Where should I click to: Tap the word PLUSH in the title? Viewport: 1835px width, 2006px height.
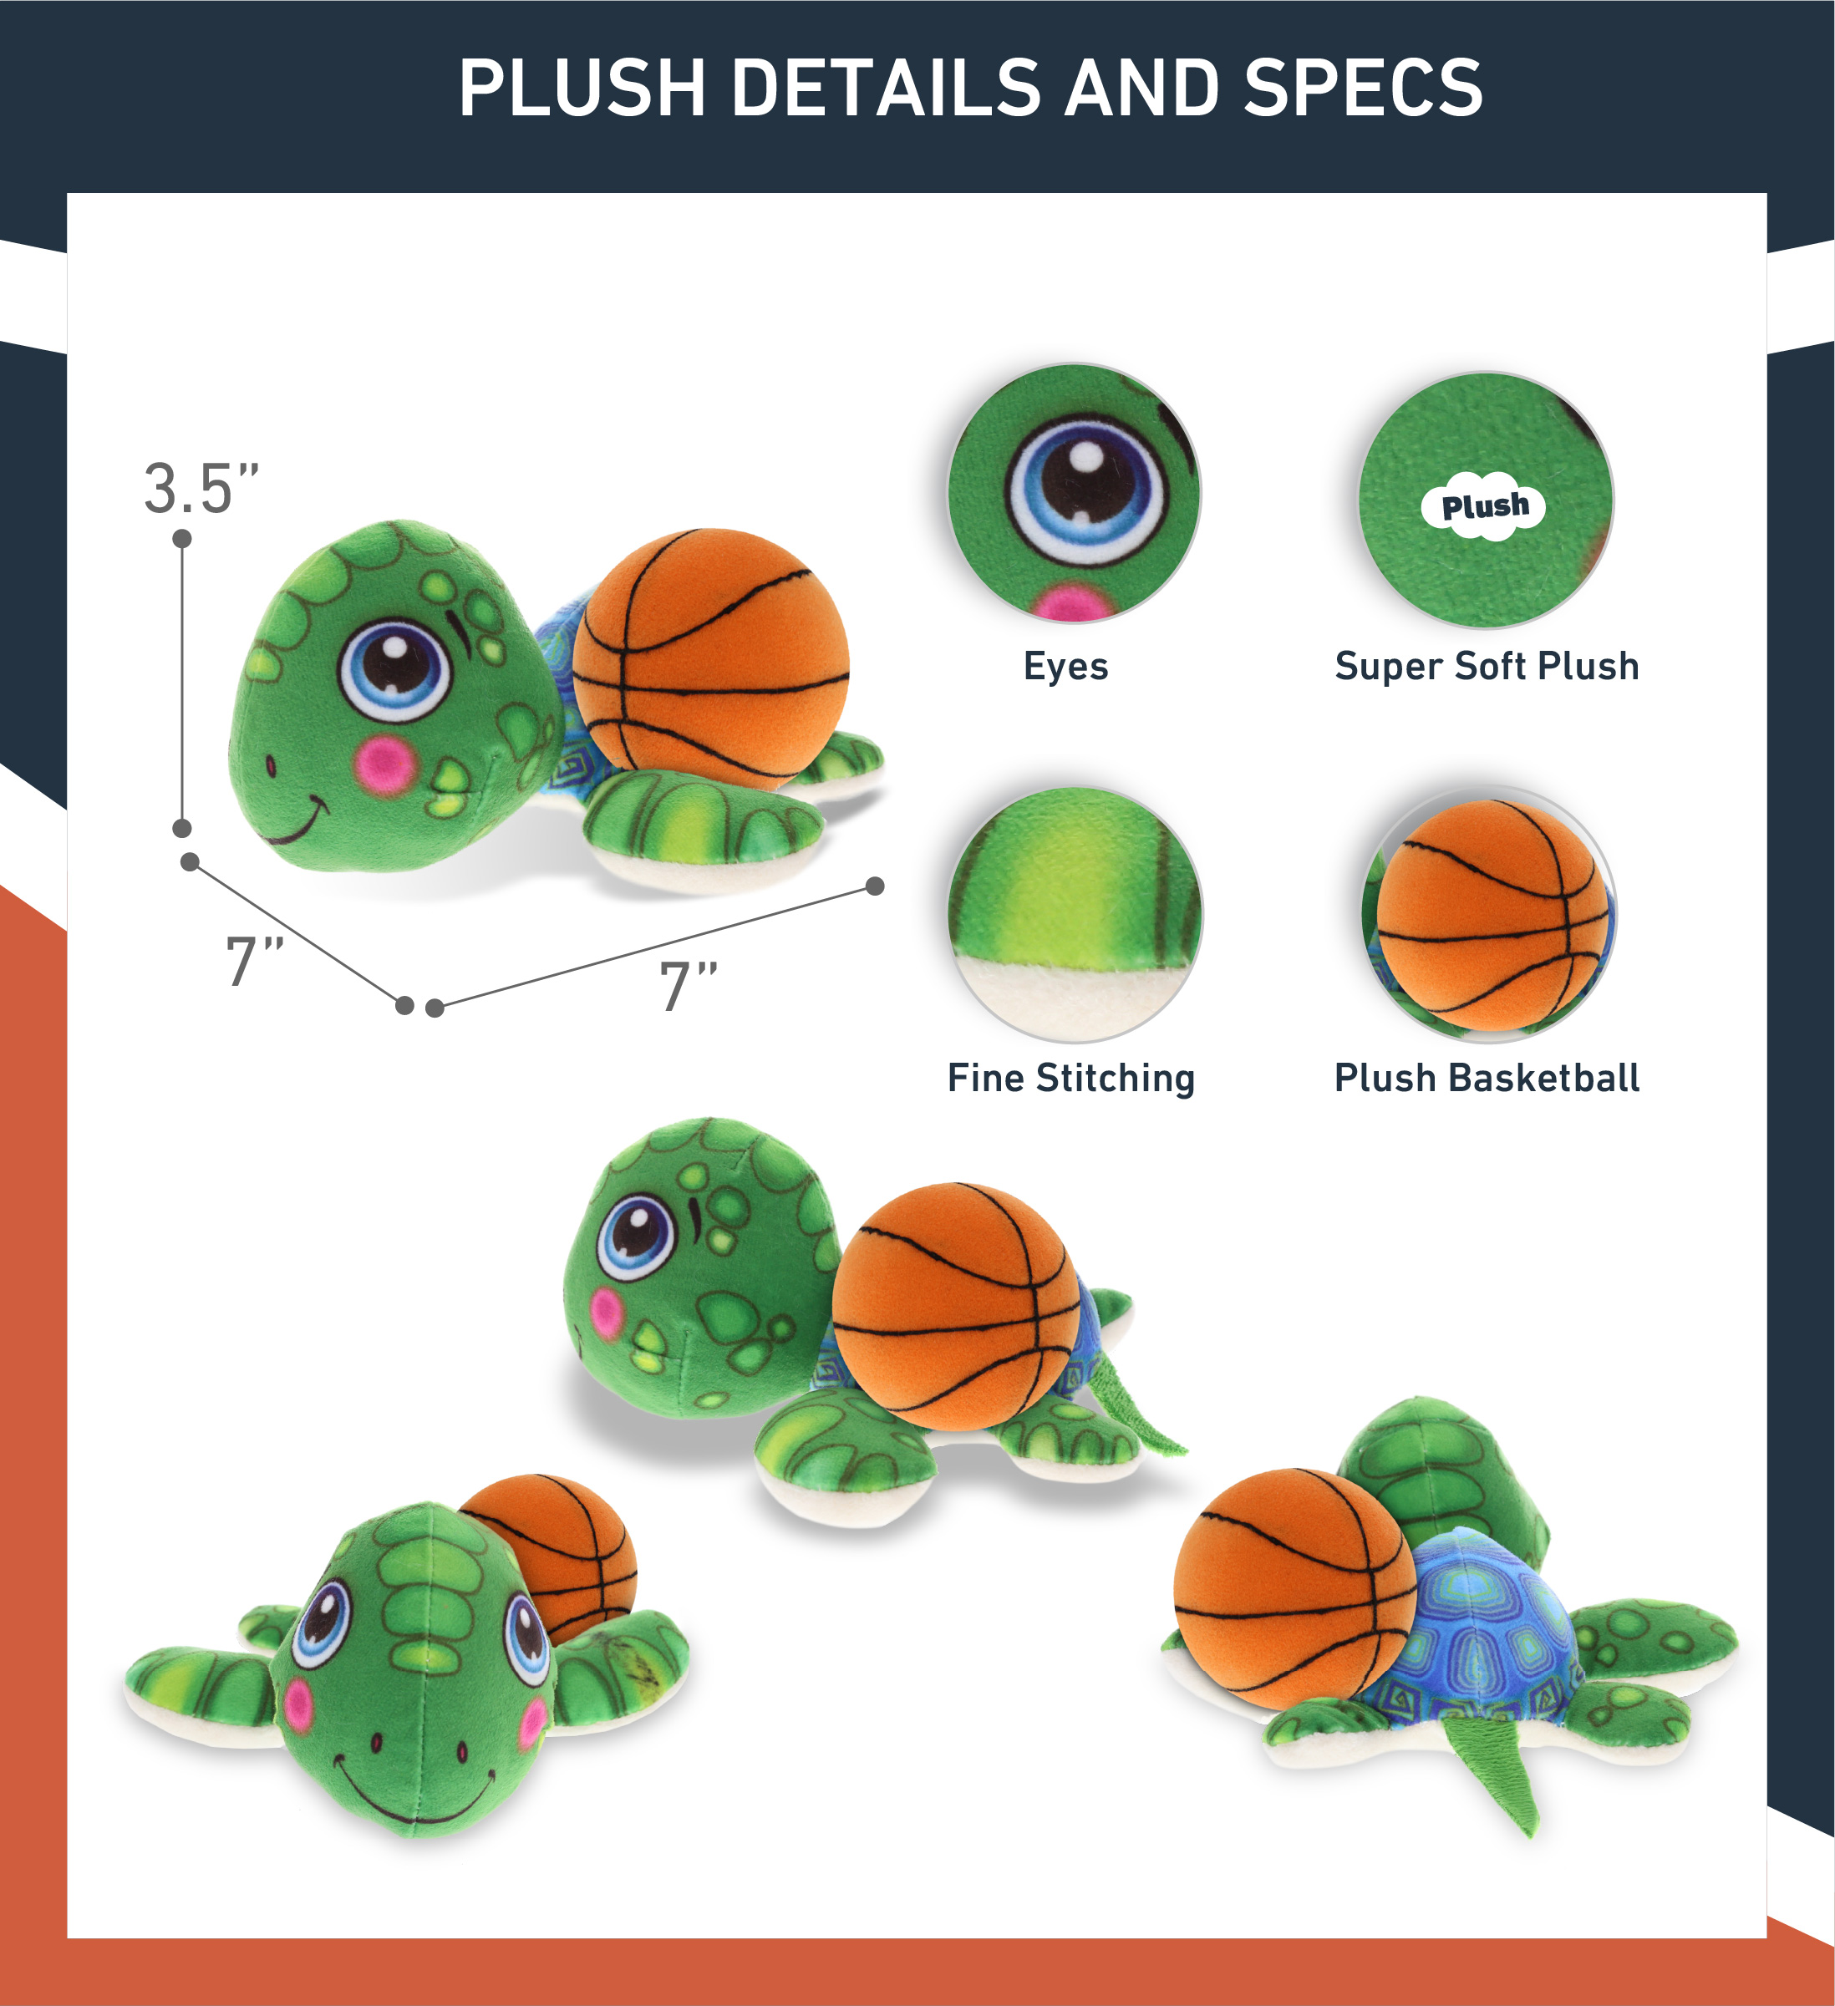pos(583,87)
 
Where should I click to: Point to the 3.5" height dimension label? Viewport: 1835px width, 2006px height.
pos(202,488)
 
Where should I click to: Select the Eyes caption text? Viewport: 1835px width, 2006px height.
pos(1065,666)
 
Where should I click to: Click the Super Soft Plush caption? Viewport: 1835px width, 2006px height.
pos(1487,666)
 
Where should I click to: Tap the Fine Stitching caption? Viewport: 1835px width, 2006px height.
pos(1070,1079)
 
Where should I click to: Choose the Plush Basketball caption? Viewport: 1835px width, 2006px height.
pos(1487,1078)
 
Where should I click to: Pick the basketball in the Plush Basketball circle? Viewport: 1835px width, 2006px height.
pos(1492,915)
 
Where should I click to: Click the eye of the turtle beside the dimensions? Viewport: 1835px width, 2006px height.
pos(395,670)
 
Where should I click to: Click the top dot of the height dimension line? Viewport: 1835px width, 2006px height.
pos(182,538)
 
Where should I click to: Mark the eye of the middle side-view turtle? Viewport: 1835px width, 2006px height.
pos(636,1238)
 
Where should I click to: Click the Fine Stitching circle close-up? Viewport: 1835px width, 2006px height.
pos(1075,913)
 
